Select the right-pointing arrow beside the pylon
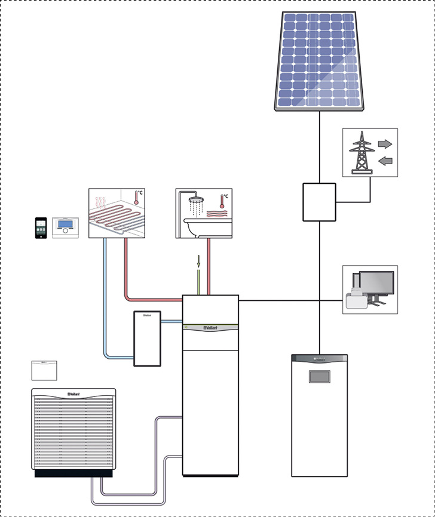click(x=385, y=144)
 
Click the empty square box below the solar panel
click(x=319, y=202)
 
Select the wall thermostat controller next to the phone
click(x=65, y=227)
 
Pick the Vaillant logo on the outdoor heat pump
click(x=74, y=393)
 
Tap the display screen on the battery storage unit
click(x=319, y=377)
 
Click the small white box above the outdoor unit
click(x=44, y=370)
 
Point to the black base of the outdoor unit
click(x=73, y=473)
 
